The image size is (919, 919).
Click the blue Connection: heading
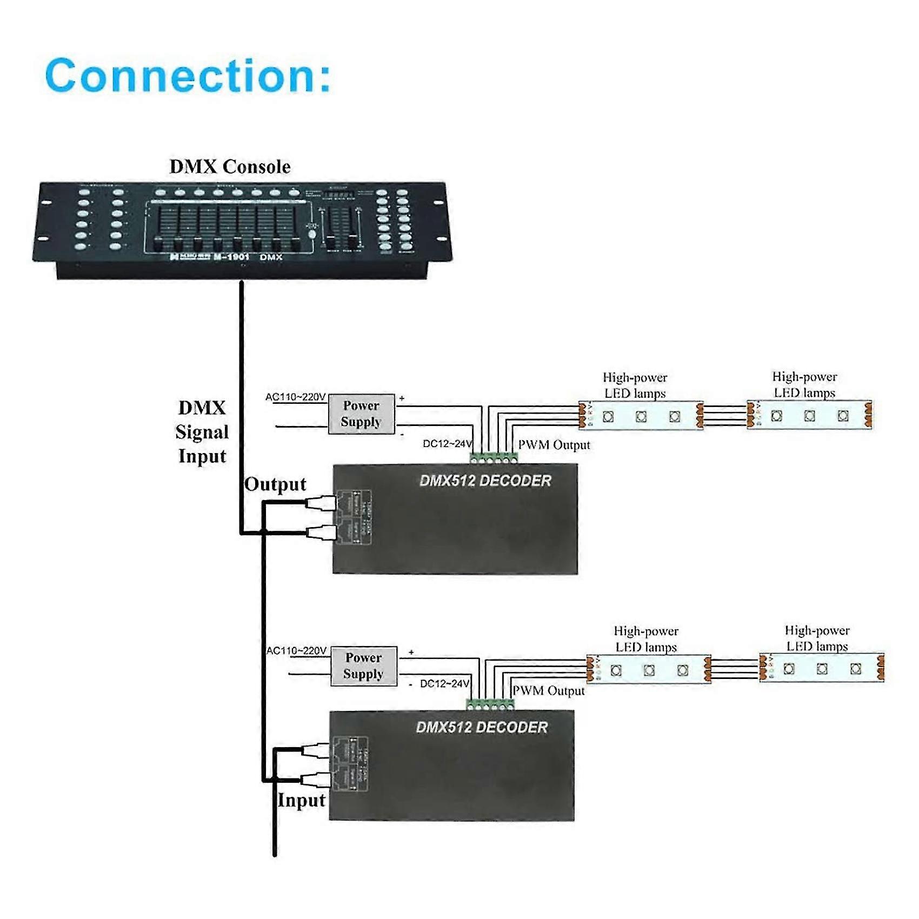pyautogui.click(x=188, y=76)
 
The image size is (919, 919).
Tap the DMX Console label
pyautogui.click(x=230, y=167)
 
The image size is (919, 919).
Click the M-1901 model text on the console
pyautogui.click(x=231, y=257)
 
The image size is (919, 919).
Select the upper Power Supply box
pyautogui.click(x=361, y=414)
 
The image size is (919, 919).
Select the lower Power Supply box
pyautogui.click(x=363, y=666)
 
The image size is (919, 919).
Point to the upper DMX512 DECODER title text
pyautogui.click(x=485, y=481)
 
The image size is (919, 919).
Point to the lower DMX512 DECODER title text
pyautogui.click(x=481, y=727)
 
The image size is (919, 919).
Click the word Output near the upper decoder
pyautogui.click(x=275, y=484)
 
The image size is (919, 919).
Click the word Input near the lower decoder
pyautogui.click(x=301, y=800)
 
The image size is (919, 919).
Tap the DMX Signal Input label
pyautogui.click(x=202, y=432)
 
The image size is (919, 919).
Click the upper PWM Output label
pyautogui.click(x=554, y=445)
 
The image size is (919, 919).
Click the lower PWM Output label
pyautogui.click(x=548, y=691)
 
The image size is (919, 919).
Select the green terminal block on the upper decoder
pyautogui.click(x=494, y=458)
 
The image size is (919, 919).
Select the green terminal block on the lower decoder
pyautogui.click(x=490, y=704)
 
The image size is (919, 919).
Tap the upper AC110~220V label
pyautogui.click(x=295, y=397)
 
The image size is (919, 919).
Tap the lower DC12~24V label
pyautogui.click(x=444, y=684)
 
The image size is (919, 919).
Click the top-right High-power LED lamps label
pyautogui.click(x=804, y=384)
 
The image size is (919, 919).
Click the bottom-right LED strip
pyautogui.click(x=821, y=669)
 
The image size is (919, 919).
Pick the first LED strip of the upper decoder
pyautogui.click(x=641, y=416)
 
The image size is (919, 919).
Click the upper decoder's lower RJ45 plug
pyautogui.click(x=322, y=532)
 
